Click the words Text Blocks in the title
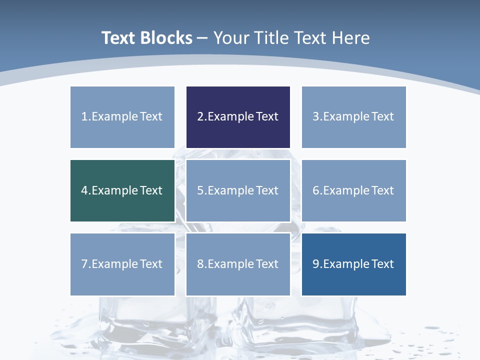(x=146, y=38)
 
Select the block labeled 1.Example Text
(x=122, y=117)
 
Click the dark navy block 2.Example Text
(x=238, y=117)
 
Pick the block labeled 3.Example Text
(x=353, y=117)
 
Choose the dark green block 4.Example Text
(x=122, y=190)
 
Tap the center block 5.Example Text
(x=238, y=190)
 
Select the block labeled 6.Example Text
(x=353, y=190)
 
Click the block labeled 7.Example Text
(x=122, y=264)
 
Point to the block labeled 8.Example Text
(x=238, y=264)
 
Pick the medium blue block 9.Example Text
(x=353, y=264)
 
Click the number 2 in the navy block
(x=200, y=117)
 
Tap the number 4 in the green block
(x=84, y=190)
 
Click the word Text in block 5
(x=267, y=190)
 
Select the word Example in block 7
(x=114, y=264)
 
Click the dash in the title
(x=202, y=38)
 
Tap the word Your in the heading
(x=229, y=38)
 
